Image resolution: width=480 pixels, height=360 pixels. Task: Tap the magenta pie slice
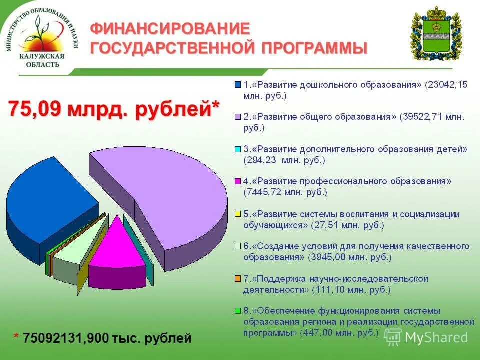117,245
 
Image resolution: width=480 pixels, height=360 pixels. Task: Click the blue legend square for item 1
238,85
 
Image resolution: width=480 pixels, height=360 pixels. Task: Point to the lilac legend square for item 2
238,117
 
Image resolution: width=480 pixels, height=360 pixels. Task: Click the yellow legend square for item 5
238,214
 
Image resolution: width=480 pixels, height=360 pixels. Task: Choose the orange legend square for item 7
238,278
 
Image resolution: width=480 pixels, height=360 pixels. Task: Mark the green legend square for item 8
238,310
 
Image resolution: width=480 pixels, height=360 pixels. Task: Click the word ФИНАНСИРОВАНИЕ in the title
169,28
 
